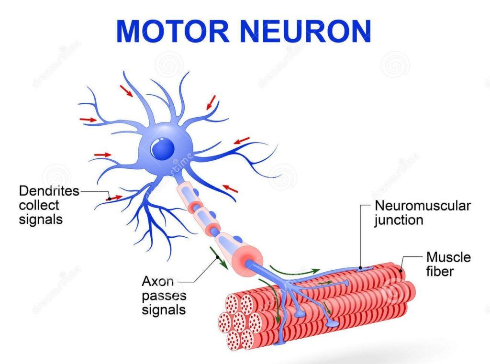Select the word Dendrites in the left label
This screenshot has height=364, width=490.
tap(49, 191)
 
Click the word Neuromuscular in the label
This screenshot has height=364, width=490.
tap(423, 206)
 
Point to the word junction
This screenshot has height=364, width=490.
tap(399, 220)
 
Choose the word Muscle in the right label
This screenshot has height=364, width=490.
tap(448, 257)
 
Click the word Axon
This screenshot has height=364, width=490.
tap(157, 281)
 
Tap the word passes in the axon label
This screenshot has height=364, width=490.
tap(164, 295)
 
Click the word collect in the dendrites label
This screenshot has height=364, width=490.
tap(39, 206)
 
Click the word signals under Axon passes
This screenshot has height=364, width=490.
tap(163, 309)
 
